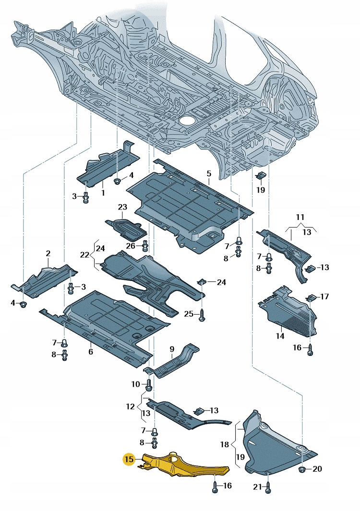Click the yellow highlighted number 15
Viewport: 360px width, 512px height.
tap(129, 459)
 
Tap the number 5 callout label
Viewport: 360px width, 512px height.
tap(209, 173)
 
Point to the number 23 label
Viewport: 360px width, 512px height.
tap(122, 207)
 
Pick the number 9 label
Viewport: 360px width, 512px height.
tap(171, 348)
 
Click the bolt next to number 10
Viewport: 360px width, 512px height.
tap(148, 384)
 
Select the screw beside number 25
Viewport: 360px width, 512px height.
tap(202, 314)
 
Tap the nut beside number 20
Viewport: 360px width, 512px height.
tap(302, 469)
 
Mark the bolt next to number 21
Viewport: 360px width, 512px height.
tap(268, 487)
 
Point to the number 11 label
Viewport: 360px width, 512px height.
tap(300, 217)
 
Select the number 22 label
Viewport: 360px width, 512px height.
tap(85, 255)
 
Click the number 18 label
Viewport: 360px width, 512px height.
tap(225, 445)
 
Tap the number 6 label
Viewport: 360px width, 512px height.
tap(90, 352)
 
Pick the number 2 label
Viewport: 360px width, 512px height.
tap(48, 253)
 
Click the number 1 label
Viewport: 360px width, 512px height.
tap(103, 193)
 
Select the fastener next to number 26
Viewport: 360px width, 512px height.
tap(145, 246)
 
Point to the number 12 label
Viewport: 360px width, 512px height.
tap(131, 406)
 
